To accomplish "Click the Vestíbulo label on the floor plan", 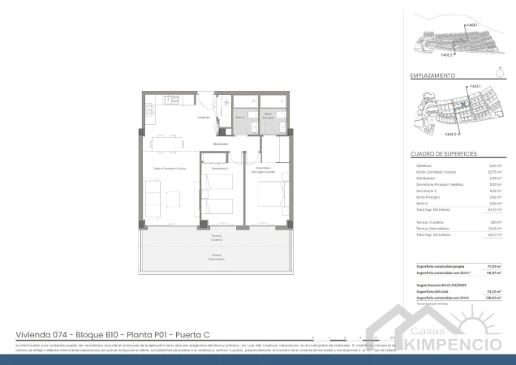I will click(204, 118).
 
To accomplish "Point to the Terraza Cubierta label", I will click(217, 238).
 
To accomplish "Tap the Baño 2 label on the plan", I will click(240, 118).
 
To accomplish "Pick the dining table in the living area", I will click(166, 140).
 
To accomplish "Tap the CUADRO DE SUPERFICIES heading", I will click(444, 152).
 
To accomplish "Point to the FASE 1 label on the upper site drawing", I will click(472, 25).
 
